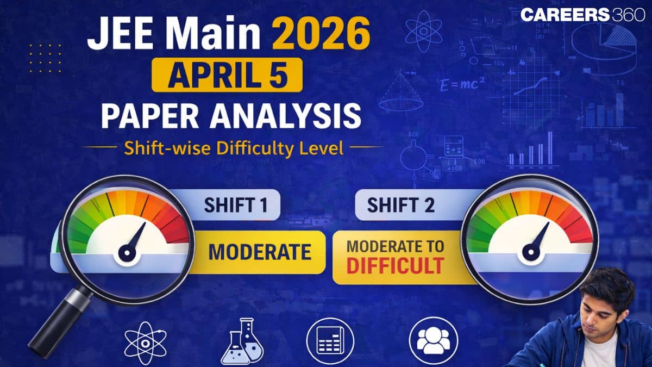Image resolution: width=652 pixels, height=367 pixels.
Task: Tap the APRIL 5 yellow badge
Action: pyautogui.click(x=227, y=75)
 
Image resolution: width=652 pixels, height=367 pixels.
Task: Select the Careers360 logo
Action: pyautogui.click(x=582, y=15)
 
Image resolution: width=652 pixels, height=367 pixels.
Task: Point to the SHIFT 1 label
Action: pyautogui.click(x=236, y=205)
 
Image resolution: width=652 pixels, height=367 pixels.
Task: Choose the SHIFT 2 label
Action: pyautogui.click(x=401, y=205)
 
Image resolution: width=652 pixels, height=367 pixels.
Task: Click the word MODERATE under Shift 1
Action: pyautogui.click(x=260, y=252)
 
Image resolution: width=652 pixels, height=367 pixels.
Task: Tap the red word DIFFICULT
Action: pyautogui.click(x=395, y=266)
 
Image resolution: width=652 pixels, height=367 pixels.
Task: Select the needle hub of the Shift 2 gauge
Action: pyautogui.click(x=531, y=252)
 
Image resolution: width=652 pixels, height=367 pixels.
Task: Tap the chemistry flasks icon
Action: pyautogui.click(x=242, y=341)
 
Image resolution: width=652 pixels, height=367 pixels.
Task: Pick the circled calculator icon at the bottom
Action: pyautogui.click(x=330, y=341)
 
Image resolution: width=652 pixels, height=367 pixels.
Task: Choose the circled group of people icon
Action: pyautogui.click(x=434, y=341)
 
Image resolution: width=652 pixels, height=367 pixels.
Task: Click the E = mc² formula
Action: pyautogui.click(x=463, y=84)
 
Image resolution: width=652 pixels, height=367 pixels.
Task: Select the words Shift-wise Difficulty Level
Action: pyautogui.click(x=234, y=148)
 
